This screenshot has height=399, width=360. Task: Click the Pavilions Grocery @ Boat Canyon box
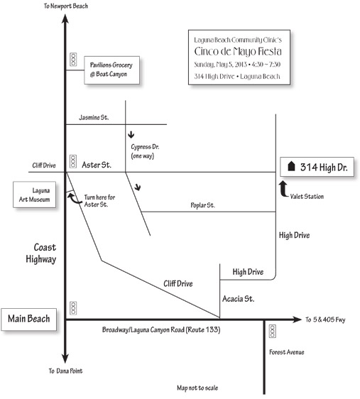click(112, 70)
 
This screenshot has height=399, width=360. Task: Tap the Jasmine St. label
click(94, 117)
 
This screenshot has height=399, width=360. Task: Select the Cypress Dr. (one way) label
click(145, 151)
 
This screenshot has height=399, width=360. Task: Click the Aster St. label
click(97, 165)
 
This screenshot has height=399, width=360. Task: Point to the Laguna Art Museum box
click(34, 195)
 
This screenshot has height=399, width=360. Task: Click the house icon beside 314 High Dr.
click(291, 166)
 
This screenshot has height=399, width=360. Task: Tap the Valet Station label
click(307, 196)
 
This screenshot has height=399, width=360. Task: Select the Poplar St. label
click(203, 205)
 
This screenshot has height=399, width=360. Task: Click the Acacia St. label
click(238, 298)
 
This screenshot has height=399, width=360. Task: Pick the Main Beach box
click(28, 319)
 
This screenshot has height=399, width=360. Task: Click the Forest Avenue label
click(287, 352)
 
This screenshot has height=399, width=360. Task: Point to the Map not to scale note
click(197, 388)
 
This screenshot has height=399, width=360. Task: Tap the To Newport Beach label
click(65, 6)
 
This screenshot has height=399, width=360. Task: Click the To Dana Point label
click(65, 371)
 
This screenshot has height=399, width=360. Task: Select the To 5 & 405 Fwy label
click(325, 319)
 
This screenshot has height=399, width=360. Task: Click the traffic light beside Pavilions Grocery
click(73, 60)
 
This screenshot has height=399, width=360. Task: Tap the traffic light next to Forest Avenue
click(273, 331)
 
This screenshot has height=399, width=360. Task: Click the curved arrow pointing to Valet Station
click(283, 190)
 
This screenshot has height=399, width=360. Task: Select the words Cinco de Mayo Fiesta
click(238, 51)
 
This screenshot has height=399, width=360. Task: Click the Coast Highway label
click(41, 253)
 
